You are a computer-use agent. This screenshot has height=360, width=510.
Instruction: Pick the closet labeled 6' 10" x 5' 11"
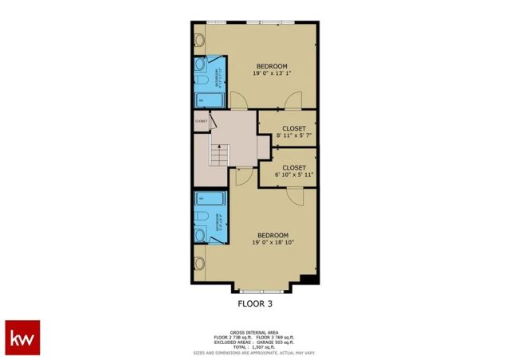click(293, 171)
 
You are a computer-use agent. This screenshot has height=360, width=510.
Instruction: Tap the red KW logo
click(22, 338)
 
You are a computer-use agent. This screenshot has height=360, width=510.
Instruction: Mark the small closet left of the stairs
click(201, 122)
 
